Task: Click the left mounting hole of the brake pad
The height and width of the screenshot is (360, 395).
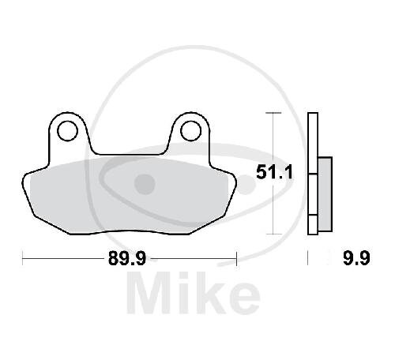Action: click(68, 131)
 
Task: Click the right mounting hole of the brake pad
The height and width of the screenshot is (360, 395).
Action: click(191, 131)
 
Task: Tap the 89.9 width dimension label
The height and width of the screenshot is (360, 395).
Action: click(127, 258)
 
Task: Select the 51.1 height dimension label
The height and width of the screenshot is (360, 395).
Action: click(274, 173)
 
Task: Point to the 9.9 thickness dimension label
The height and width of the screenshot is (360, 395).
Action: click(357, 258)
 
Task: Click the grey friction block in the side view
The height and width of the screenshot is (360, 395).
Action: click(325, 194)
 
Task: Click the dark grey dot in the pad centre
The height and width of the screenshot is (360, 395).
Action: click(145, 184)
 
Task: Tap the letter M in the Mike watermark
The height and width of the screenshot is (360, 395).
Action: click(149, 293)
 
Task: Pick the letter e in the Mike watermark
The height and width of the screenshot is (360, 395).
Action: click(243, 298)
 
